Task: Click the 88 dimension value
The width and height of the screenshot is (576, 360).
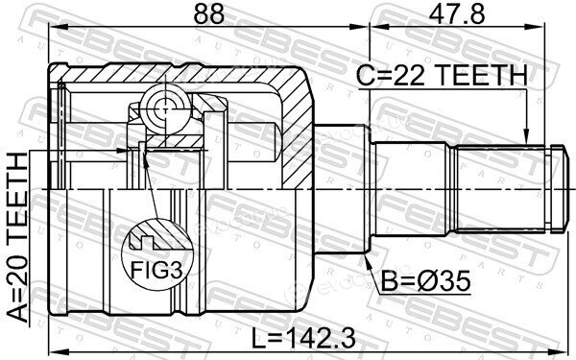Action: (x=208, y=14)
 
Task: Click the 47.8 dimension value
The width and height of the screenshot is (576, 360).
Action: (x=456, y=14)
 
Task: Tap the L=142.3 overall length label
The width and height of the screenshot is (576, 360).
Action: (x=303, y=338)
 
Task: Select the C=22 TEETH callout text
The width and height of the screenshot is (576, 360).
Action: (x=442, y=75)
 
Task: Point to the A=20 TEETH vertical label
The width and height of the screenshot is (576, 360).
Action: (x=17, y=238)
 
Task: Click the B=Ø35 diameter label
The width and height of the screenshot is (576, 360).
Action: (x=425, y=281)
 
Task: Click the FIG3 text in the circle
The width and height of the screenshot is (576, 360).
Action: (x=156, y=271)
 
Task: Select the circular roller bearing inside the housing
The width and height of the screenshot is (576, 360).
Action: (x=166, y=109)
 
